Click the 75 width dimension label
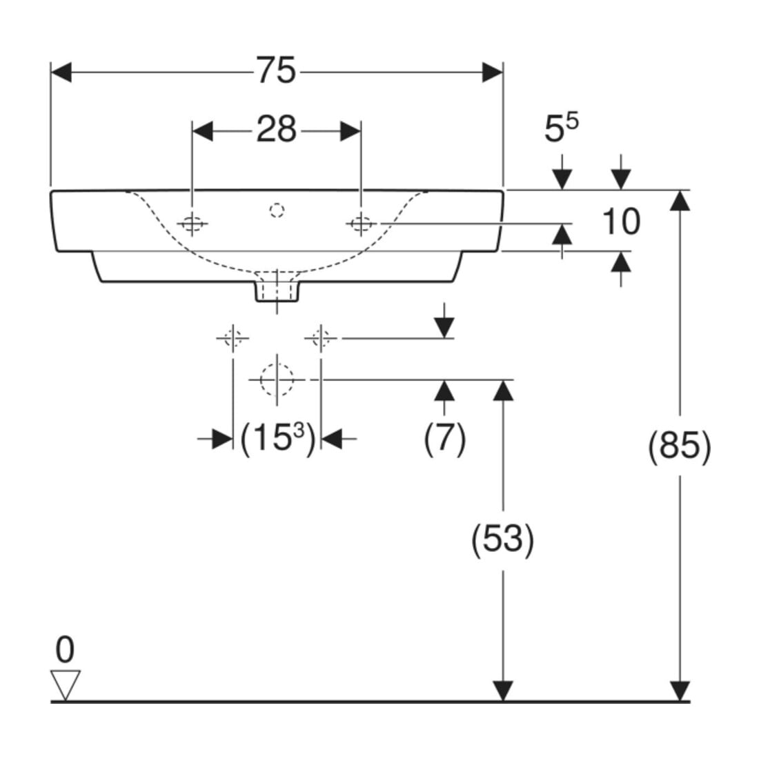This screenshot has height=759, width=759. pos(275,70)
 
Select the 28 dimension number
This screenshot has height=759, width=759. pos(276,129)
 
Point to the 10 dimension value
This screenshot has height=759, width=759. pos(621,221)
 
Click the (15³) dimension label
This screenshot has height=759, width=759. pos(278,439)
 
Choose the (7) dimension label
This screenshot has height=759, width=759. pos(445,439)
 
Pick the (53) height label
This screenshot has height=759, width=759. pos(502,540)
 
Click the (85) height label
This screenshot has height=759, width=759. pos(680,446)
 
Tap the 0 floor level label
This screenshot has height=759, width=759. pos(65,650)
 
